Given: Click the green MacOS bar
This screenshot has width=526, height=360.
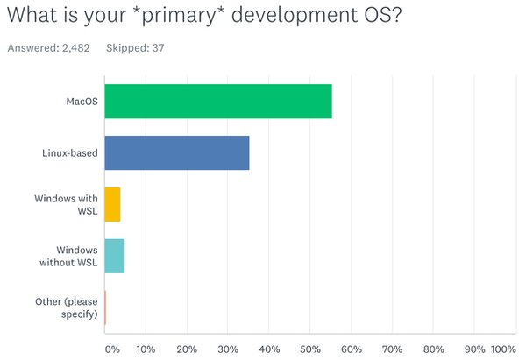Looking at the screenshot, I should [x=217, y=102].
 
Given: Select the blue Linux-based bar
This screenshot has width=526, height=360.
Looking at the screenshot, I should [x=176, y=152].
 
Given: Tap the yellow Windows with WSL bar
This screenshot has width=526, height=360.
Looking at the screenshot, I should [x=112, y=204].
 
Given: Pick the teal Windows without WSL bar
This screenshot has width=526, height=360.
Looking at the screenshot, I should [x=114, y=256].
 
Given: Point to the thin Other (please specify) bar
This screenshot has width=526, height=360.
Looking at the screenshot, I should [x=105, y=307].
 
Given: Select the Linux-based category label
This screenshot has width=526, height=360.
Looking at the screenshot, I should [x=70, y=152].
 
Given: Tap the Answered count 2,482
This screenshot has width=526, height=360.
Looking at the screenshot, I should [x=77, y=47].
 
